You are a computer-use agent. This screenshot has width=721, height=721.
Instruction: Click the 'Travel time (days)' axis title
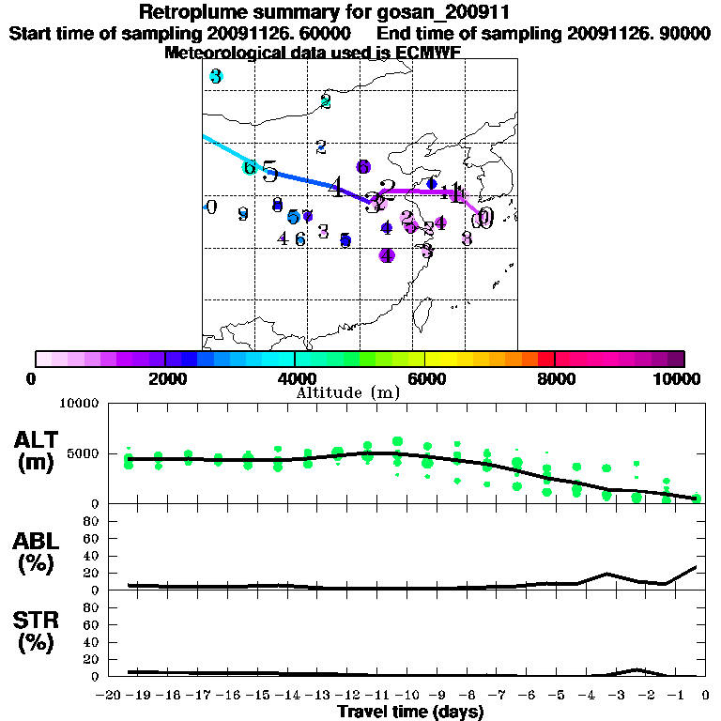pyautogui.click(x=410, y=713)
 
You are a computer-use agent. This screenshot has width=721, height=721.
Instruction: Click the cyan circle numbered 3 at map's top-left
pyautogui.click(x=216, y=76)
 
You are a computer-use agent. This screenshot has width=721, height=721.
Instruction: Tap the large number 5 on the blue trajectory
pyautogui.click(x=269, y=172)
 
